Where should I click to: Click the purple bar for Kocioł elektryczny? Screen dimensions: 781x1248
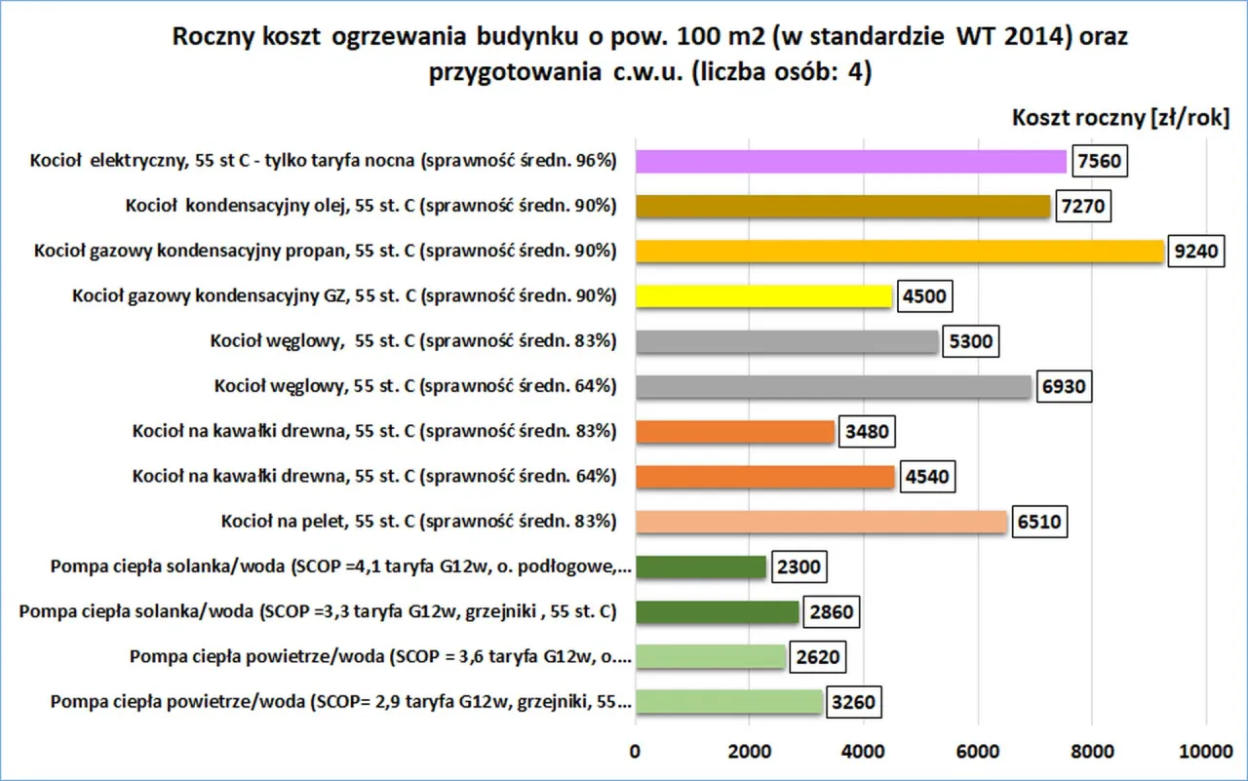[851, 162]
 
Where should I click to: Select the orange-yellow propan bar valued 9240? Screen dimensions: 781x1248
[899, 252]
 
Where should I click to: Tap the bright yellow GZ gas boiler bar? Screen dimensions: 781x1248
[763, 296]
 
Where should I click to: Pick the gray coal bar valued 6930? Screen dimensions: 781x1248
[833, 386]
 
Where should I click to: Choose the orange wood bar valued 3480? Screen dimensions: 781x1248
[734, 431]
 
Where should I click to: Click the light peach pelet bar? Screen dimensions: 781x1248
[821, 522]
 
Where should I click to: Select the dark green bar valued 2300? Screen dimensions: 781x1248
[701, 566]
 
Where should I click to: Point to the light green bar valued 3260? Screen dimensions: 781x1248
[728, 701]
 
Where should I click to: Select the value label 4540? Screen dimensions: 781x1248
[928, 477]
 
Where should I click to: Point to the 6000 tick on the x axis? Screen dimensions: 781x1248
[978, 751]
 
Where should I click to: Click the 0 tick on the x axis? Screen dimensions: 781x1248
[636, 751]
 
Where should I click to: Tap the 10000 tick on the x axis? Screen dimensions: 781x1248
[1205, 751]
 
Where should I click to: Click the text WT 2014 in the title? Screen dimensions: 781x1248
[1014, 37]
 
